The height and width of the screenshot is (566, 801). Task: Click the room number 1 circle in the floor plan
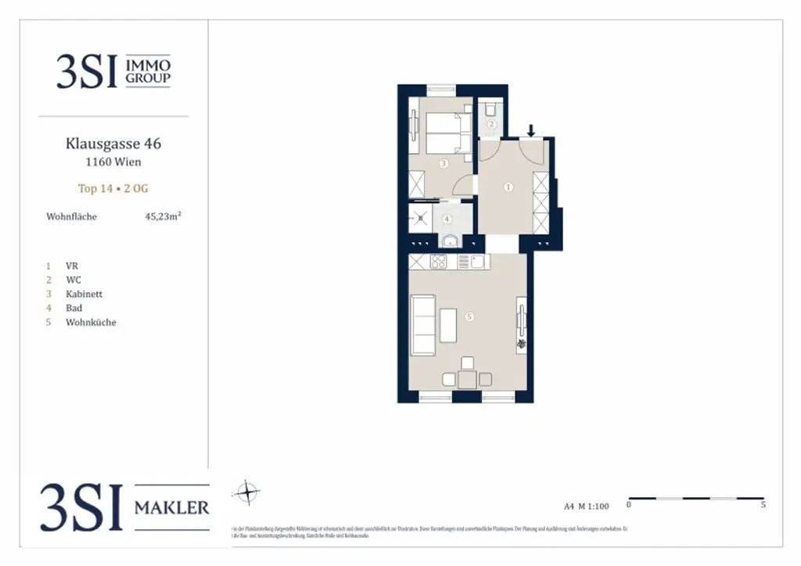[508, 188]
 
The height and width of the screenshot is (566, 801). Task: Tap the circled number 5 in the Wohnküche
[469, 317]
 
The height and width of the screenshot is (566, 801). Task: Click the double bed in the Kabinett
[447, 133]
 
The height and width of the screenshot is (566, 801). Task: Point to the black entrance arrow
[531, 130]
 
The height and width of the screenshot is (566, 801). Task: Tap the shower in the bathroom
[420, 219]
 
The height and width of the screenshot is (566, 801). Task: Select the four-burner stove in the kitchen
[439, 262]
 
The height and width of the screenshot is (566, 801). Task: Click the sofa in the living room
[423, 325]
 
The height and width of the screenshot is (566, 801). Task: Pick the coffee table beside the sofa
[448, 325]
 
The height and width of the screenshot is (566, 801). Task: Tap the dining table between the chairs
[467, 380]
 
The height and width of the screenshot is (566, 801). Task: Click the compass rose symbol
[247, 493]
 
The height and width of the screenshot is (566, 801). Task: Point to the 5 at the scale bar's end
[763, 506]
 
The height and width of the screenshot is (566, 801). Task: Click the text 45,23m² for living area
[163, 217]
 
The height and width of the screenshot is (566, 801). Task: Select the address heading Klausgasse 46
[113, 144]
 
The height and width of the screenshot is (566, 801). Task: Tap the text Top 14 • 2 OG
[113, 188]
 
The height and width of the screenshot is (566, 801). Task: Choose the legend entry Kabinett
[84, 294]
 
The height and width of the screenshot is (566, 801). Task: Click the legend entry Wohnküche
[91, 322]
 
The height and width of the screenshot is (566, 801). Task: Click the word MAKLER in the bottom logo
[172, 508]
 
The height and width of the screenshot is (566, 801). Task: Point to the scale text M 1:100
[597, 506]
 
